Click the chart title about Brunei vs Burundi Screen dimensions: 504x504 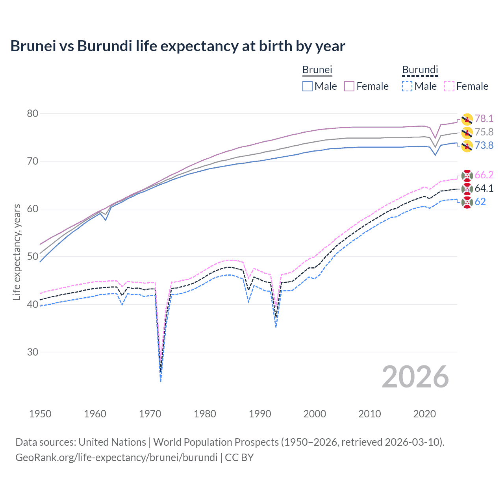(178, 46)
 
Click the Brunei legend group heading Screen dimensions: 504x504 (317, 70)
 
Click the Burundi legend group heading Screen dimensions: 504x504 (420, 70)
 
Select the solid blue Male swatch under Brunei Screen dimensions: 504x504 (308, 86)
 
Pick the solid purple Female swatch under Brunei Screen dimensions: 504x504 (349, 86)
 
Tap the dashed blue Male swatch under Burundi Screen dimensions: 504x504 (407, 86)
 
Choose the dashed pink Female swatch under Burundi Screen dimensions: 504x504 (449, 86)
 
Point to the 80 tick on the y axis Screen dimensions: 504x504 (33, 113)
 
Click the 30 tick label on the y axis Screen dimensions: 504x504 (33, 352)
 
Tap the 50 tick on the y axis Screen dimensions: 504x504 (33, 257)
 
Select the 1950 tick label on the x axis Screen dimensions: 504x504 (40, 414)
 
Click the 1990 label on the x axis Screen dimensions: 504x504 (260, 414)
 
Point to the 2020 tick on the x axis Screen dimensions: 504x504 (424, 414)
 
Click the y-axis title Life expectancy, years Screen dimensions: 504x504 (17, 252)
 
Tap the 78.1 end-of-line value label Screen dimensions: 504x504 (484, 119)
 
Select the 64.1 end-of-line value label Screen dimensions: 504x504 (484, 188)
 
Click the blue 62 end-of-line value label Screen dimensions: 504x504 (480, 202)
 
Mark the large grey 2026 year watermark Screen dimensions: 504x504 (415, 377)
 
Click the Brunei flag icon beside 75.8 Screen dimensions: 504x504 (467, 132)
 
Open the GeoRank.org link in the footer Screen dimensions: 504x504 (116, 457)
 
